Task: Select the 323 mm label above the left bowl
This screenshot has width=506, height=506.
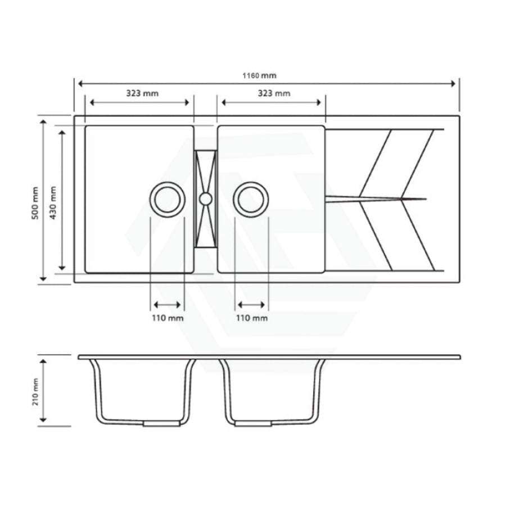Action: pos(142,93)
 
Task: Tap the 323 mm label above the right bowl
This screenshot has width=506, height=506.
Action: pos(274,93)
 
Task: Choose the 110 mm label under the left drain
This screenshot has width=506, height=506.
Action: pos(167,318)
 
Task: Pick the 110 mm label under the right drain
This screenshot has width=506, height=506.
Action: pos(251,318)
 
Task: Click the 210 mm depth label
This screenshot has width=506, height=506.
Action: pos(35,392)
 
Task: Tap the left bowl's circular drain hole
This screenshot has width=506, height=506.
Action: pos(167,199)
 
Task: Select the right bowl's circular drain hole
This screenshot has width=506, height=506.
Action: pos(251,199)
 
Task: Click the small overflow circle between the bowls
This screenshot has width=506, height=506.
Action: pos(205,198)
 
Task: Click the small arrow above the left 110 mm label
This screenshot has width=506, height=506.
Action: pos(167,305)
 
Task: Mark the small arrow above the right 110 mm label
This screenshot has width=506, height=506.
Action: pos(251,305)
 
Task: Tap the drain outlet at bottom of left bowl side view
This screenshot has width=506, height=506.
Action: pos(161,423)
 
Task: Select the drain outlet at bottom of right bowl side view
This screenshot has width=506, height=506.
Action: pos(253,423)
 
